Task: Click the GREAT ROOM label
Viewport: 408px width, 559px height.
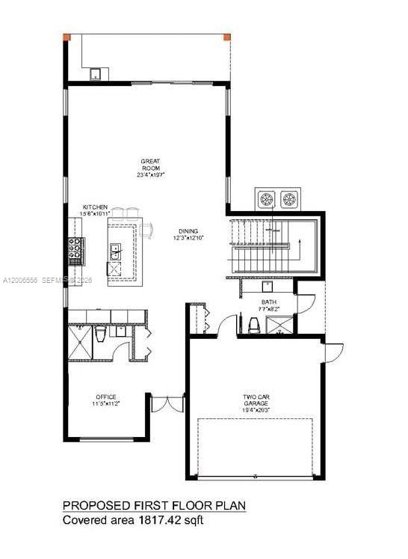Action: pos(152,162)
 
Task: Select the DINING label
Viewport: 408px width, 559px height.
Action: pos(188,231)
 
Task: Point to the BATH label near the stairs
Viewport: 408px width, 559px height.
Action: pos(269,302)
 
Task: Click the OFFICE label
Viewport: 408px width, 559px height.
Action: pos(105,397)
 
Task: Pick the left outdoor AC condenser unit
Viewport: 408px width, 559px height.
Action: pos(267,199)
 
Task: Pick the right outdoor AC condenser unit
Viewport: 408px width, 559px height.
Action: pos(288,199)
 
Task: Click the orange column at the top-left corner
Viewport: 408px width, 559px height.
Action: pos(67,37)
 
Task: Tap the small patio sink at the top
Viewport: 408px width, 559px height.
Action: pos(96,74)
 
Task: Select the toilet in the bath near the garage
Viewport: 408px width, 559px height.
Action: pos(253,323)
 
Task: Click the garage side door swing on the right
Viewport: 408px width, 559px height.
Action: pos(334,352)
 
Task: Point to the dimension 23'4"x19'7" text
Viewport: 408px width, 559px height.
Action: pos(152,175)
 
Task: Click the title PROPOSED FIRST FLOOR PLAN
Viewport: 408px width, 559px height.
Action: pos(153,507)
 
